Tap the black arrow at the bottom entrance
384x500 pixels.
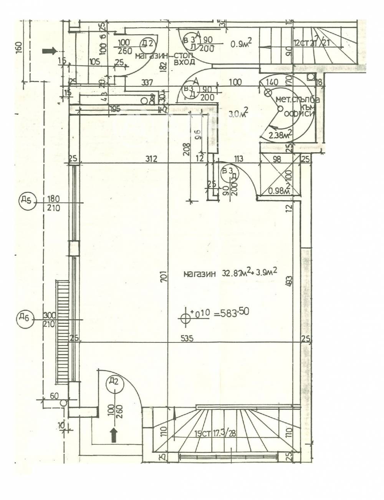tap(114, 435)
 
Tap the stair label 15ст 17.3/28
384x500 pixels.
tap(216, 434)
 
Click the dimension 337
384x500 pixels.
tap(147, 82)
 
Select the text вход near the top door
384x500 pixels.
tap(184, 61)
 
